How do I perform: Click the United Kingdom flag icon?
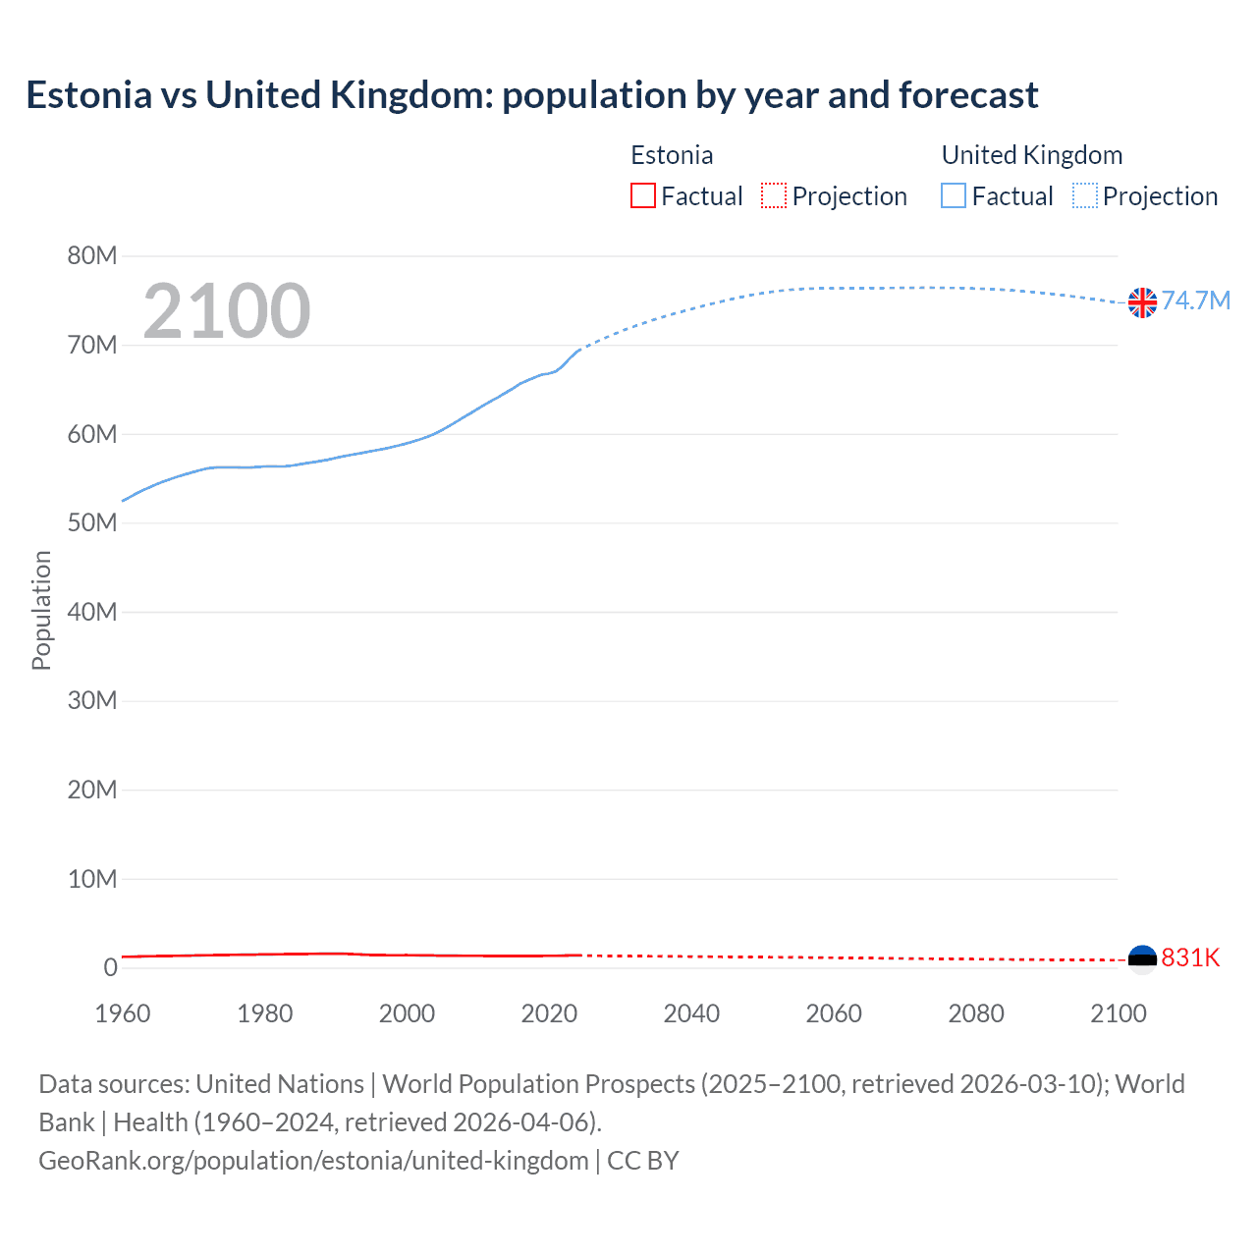1142,302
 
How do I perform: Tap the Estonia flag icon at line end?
1142,957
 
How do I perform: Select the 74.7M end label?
1196,301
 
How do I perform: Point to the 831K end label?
1190,957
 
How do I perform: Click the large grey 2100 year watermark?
227,311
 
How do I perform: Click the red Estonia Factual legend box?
643,195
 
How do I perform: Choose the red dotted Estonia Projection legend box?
774,195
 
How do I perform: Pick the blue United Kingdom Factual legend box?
954,195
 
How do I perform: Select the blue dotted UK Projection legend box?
1085,195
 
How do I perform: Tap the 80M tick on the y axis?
92,256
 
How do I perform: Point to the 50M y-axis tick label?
92,523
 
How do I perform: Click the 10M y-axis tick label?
92,879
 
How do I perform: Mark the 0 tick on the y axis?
110,968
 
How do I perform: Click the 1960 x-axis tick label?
123,1013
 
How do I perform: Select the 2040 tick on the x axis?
691,1013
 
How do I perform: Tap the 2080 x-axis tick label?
976,1013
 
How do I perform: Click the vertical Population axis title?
41,610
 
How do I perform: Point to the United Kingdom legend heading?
1031,155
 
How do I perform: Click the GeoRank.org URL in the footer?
313,1161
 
